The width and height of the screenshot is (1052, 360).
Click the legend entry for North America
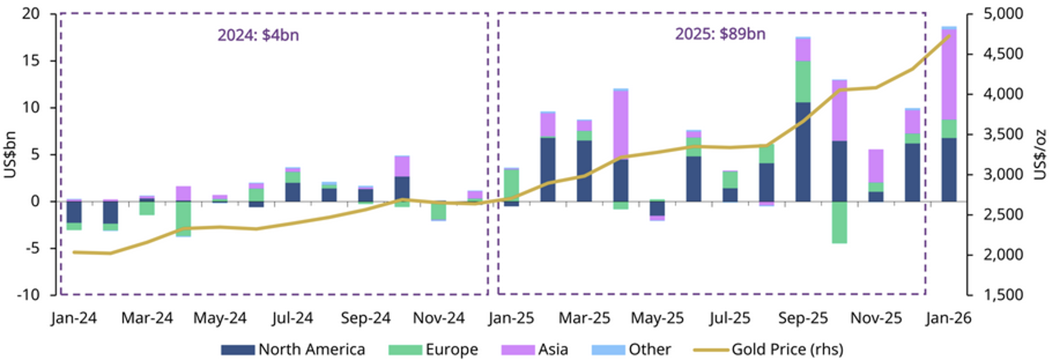293,349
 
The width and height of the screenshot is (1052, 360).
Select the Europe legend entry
434,349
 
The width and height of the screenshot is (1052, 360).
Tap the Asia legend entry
535,349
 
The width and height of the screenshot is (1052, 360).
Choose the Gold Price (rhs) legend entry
768,349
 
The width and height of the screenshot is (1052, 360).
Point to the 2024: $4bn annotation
258,35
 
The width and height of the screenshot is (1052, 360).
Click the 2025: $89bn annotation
720,34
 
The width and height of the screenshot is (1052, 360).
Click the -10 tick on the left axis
28,295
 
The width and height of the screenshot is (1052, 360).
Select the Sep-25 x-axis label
802,318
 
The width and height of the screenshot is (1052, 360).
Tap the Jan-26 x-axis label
948,318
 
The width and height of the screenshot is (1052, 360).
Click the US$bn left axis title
11,155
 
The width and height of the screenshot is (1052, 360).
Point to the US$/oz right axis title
1040,155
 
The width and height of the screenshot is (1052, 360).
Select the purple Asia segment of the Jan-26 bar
949,75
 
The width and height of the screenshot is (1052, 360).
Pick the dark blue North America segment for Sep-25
802,152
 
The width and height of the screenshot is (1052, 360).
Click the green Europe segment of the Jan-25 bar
511,185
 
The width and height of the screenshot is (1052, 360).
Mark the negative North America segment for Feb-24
111,212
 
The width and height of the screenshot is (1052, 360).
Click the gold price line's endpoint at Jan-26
949,36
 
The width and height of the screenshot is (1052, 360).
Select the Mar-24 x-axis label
147,318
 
